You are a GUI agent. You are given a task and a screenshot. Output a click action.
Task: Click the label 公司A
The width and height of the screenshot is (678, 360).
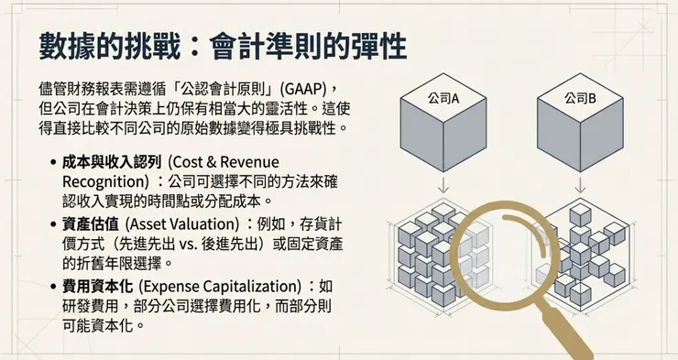click(443, 98)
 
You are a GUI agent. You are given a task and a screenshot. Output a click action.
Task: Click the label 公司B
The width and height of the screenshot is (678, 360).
click(579, 98)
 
